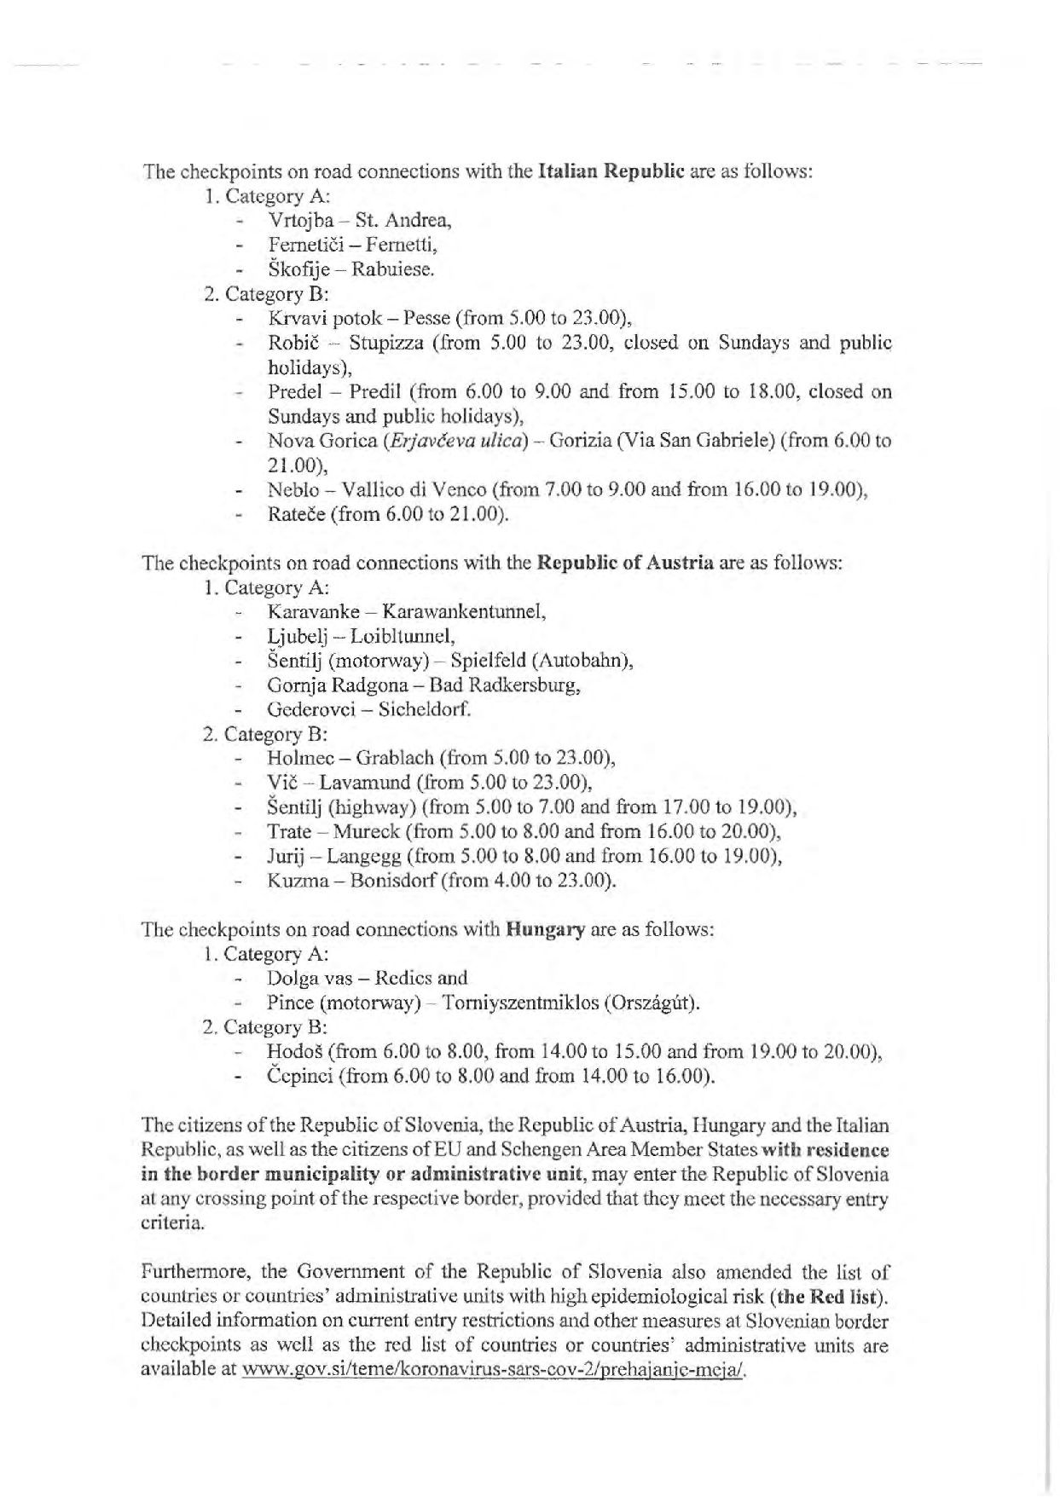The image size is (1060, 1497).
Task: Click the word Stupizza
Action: pos(385,344)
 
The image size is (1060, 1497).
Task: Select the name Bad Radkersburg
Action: pos(506,685)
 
